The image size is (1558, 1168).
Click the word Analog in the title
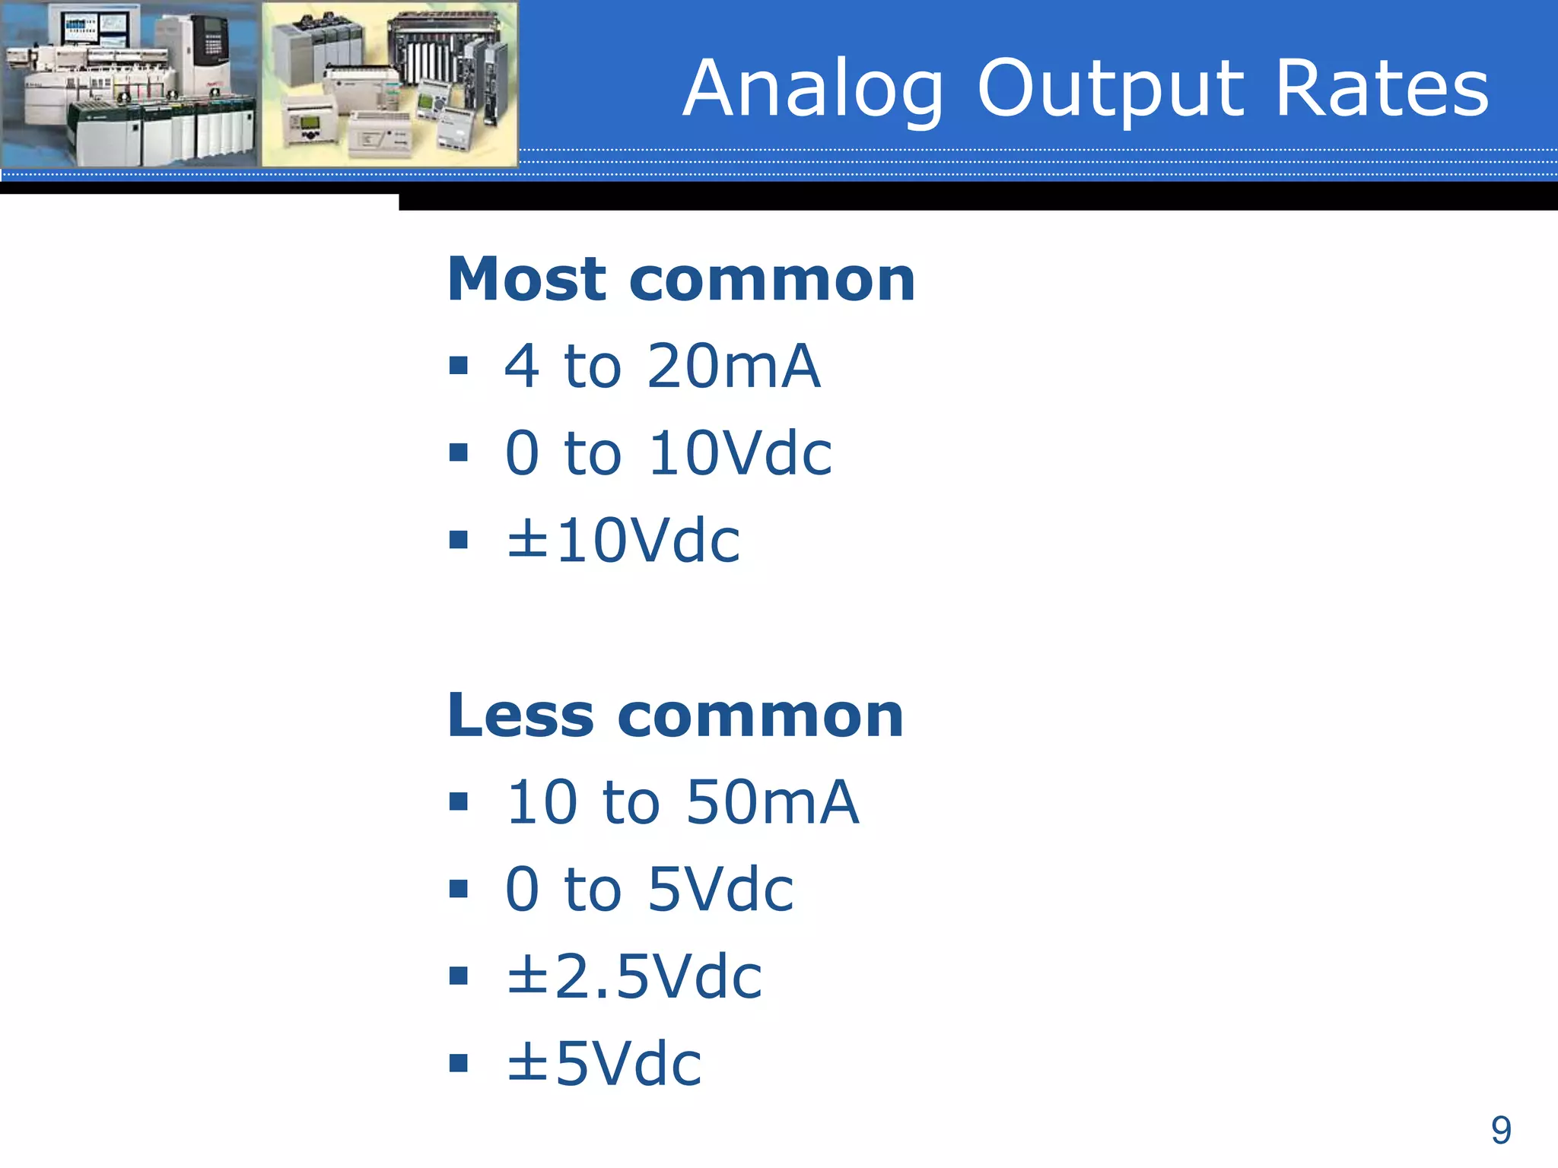[812, 90]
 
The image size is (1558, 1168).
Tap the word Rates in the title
[1381, 90]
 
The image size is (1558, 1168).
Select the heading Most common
[681, 279]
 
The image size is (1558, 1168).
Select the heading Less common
[675, 716]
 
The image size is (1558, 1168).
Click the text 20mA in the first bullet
[733, 367]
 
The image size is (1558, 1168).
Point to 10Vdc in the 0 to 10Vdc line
[740, 453]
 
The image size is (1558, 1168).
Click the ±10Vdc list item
[623, 541]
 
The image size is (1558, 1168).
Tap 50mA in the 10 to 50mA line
[772, 803]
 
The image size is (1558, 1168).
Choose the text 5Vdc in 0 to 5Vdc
[720, 890]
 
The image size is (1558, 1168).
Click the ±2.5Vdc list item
[634, 976]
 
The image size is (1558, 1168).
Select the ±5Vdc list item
[604, 1064]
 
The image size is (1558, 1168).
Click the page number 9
[1500, 1131]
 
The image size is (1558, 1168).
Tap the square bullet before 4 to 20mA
[458, 366]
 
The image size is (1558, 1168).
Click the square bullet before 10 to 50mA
[458, 801]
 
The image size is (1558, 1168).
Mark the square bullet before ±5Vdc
[458, 1062]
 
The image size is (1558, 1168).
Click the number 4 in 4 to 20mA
[522, 367]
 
